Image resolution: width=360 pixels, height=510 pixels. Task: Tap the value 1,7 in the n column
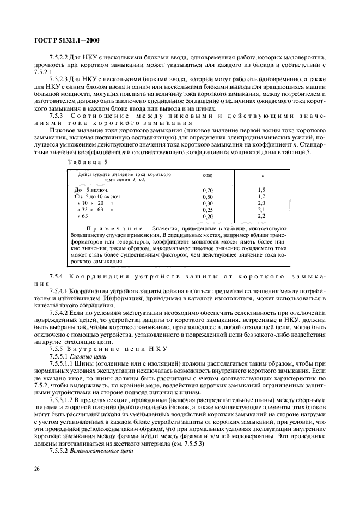coord(261,196)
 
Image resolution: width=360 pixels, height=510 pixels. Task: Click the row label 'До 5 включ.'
coord(91,190)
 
